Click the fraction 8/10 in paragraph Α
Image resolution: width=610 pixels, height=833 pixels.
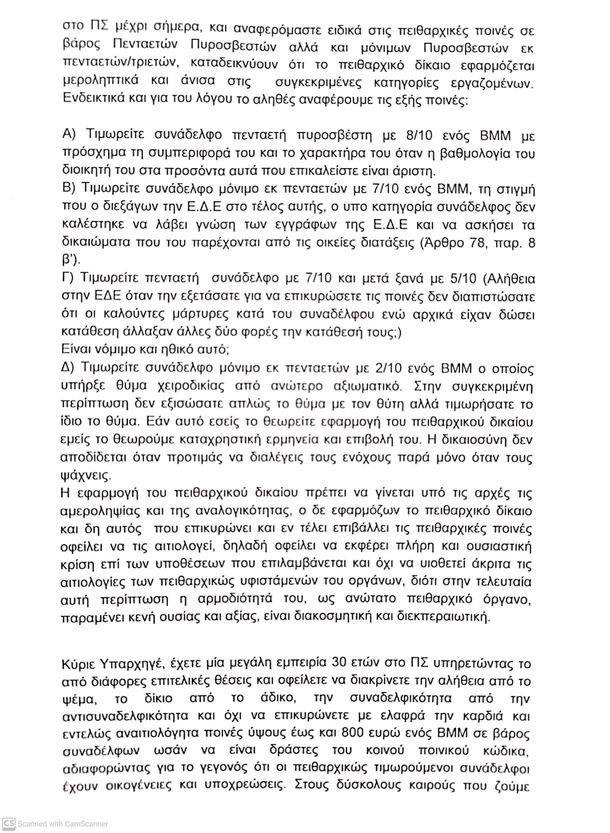(x=419, y=135)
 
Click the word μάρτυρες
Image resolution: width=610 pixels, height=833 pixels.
(x=202, y=314)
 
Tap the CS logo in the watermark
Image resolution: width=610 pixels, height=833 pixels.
(x=9, y=823)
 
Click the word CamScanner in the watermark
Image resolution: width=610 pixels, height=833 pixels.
(x=86, y=824)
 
